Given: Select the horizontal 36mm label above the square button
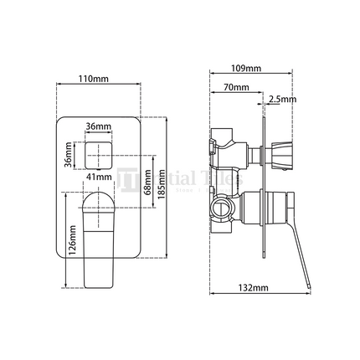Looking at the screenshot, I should click(x=99, y=127).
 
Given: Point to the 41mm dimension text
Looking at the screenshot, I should click(x=100, y=177).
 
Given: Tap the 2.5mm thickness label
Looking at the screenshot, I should click(x=282, y=99).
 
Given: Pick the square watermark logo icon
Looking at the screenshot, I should click(x=127, y=180).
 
